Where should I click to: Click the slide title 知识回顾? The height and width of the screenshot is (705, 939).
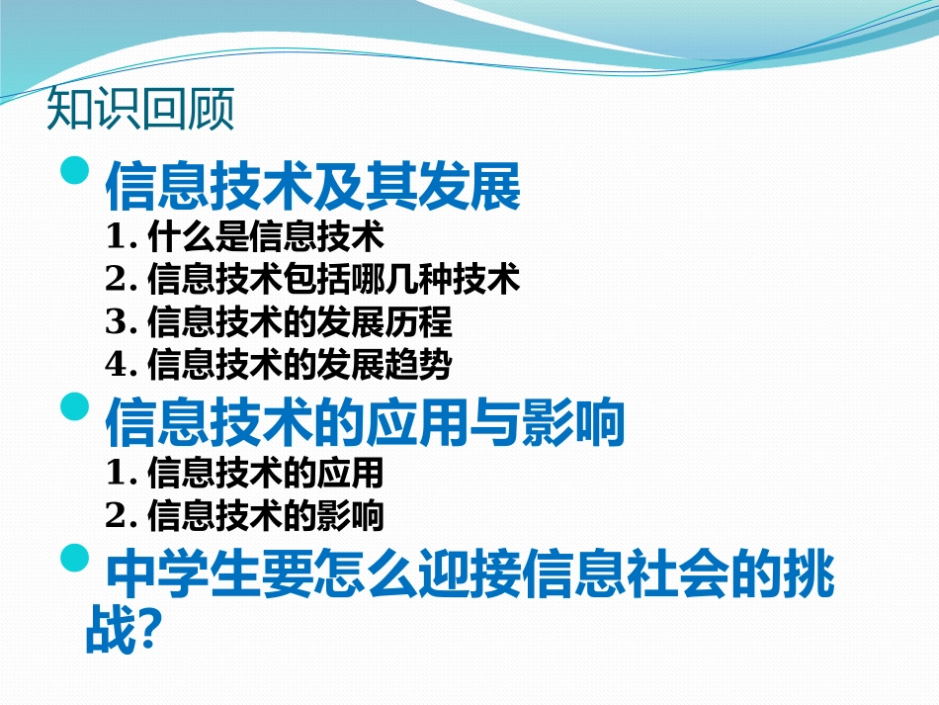140,109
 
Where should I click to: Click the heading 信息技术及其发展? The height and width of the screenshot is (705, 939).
312,186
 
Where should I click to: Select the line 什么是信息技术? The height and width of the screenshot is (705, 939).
264,237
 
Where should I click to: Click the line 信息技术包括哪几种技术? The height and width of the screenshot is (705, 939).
332,280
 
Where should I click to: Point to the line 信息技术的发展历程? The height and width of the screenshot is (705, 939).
299,322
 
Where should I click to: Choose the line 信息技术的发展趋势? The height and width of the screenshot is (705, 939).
299,365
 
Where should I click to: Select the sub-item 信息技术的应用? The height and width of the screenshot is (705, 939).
264,473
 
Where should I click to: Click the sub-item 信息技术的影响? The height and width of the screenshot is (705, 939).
264,515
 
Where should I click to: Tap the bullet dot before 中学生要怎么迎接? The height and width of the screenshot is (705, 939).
75,560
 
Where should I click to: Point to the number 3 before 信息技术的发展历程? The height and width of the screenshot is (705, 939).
117,322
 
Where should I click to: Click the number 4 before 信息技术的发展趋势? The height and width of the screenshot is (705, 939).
117,365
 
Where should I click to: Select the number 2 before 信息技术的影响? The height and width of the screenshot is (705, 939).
117,515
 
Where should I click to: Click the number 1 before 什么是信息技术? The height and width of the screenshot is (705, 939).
117,237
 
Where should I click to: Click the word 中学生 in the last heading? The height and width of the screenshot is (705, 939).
168,577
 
